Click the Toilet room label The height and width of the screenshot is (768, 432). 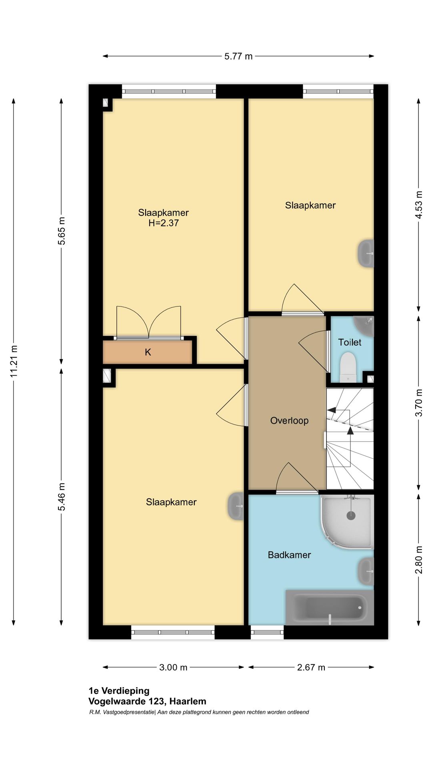coord(350,342)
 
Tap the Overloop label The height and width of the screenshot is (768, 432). coord(289,420)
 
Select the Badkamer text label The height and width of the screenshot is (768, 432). coord(289,555)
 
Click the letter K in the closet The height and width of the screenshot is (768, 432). coord(148,352)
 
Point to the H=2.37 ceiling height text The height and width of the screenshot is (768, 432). coord(164,223)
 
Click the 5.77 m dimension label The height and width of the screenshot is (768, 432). coord(238,56)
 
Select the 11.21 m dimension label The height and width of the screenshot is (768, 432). coord(14,361)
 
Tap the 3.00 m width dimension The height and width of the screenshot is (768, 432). coord(173,667)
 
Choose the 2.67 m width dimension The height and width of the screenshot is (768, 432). coord(311,667)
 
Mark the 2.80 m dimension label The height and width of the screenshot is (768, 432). coord(419,560)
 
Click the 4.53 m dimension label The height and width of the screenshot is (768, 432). coord(419,204)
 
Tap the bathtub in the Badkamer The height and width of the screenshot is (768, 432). coord(330,607)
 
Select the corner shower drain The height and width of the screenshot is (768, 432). coord(351,516)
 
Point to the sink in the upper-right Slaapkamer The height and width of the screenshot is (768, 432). coord(366,253)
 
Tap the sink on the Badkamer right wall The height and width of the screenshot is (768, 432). coord(366,571)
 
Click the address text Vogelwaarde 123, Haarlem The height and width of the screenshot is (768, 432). coord(147,701)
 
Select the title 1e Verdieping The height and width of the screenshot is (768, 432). coord(119,691)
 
